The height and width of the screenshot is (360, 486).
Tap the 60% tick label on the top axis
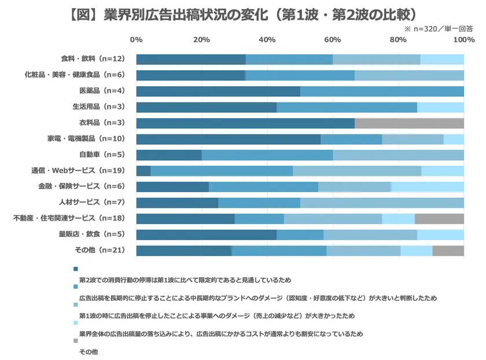(333, 40)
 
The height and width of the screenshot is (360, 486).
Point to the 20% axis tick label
(201, 40)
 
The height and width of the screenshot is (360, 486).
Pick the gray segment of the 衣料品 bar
(409, 123)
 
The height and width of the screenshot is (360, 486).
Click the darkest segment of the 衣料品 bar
(245, 123)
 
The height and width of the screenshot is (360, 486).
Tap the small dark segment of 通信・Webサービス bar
(143, 171)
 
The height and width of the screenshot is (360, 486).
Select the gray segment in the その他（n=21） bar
(448, 251)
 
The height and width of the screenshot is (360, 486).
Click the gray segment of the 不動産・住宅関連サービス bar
(439, 219)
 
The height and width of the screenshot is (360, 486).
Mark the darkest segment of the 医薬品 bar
(218, 91)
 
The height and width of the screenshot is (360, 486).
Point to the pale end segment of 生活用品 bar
(440, 107)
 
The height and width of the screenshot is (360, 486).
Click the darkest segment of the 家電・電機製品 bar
(229, 139)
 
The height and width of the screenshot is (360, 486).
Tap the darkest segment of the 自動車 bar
(169, 155)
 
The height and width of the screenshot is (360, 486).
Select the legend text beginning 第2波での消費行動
(185, 280)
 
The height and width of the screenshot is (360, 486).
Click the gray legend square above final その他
(75, 341)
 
